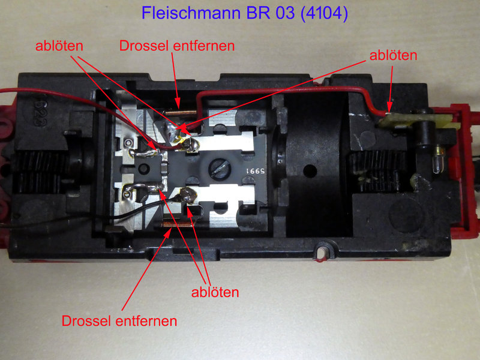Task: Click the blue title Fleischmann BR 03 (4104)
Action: click(x=245, y=13)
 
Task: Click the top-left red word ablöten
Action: click(x=59, y=46)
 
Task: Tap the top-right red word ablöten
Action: click(x=393, y=55)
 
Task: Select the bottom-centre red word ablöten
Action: click(x=215, y=292)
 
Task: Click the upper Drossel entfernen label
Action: click(x=177, y=46)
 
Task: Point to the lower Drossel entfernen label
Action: click(x=119, y=321)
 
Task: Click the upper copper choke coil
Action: click(x=181, y=113)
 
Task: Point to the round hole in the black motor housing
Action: click(x=310, y=171)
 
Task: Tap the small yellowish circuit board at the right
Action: click(x=416, y=121)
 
